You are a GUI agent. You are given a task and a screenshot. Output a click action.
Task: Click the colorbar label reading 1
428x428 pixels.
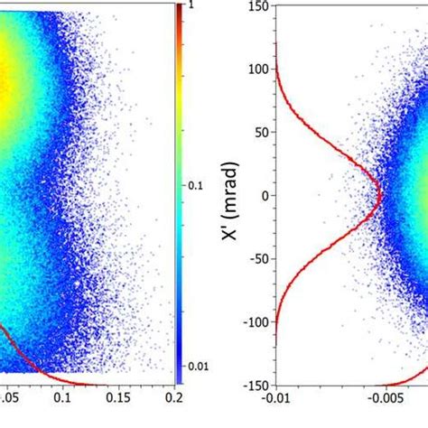click(x=191, y=6)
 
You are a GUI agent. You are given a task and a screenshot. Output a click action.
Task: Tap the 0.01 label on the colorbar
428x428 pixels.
click(x=196, y=366)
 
